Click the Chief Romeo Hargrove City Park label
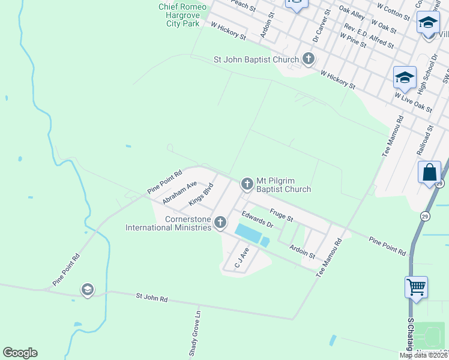pos(182,15)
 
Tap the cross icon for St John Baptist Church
pos(309,59)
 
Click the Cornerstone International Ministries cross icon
pos(220,223)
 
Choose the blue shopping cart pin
pos(417,287)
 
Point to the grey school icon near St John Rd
pos(88,290)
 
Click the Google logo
pos(20,353)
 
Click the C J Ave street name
pos(241,257)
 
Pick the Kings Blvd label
pos(201,194)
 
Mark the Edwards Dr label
pos(258,219)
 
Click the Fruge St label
pos(281,214)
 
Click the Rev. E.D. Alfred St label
pos(369,36)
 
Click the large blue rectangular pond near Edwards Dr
pos(249,233)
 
